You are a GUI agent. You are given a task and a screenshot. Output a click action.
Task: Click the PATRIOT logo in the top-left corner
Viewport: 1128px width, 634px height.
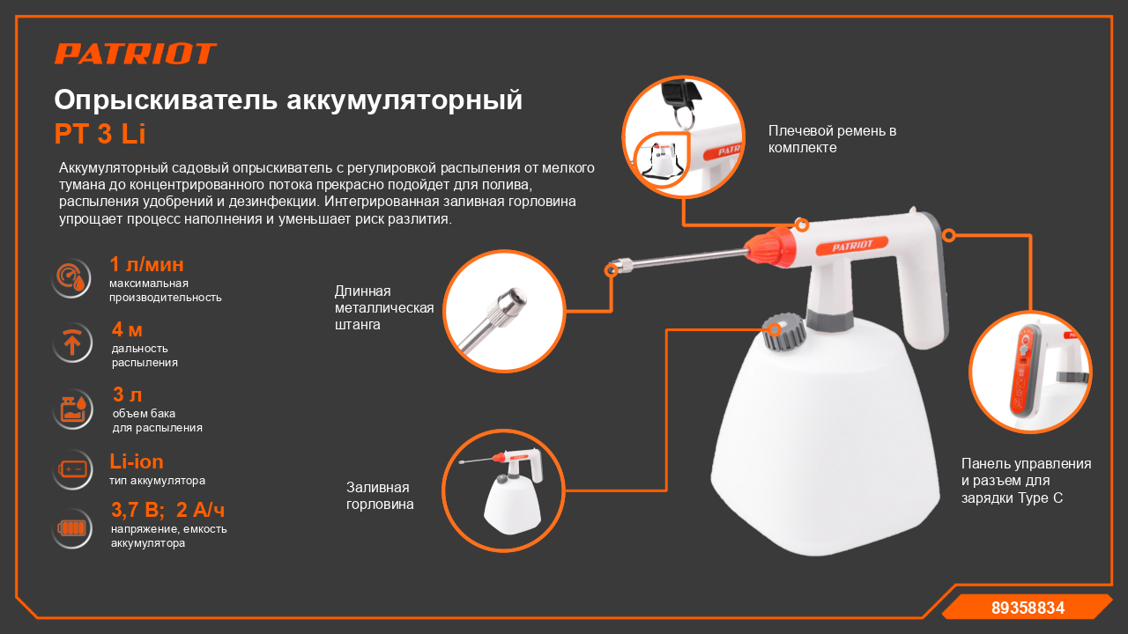(136, 54)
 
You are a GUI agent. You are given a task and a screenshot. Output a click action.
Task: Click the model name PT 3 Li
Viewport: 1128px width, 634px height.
(100, 134)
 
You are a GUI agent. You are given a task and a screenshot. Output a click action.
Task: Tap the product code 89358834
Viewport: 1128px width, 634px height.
(1028, 608)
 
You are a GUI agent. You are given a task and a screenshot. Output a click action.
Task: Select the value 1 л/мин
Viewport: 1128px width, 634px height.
(146, 264)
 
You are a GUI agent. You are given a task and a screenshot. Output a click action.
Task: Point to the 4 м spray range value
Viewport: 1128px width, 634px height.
(127, 330)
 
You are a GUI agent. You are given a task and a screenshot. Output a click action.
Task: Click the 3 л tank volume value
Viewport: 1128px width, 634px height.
(127, 395)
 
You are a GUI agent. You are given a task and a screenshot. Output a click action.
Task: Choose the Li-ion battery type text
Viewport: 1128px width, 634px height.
(137, 461)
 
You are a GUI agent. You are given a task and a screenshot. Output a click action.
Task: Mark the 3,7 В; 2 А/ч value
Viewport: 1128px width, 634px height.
(168, 510)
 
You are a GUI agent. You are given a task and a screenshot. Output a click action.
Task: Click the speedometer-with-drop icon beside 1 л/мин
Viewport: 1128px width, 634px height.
(71, 278)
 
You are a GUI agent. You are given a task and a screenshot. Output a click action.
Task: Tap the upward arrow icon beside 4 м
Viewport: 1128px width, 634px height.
(71, 343)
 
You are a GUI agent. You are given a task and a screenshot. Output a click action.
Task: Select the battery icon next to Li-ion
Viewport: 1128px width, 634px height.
(71, 468)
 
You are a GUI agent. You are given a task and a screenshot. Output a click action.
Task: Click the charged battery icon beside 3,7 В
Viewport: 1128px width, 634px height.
(71, 528)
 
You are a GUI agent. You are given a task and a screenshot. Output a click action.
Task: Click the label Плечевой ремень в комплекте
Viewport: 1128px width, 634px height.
(832, 139)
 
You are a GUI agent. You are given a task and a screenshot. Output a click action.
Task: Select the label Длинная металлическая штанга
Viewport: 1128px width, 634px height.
(384, 307)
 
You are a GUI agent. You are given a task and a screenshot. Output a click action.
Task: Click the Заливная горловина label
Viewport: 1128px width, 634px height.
(380, 496)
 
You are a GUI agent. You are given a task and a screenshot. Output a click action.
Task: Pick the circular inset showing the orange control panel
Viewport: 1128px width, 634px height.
(1030, 372)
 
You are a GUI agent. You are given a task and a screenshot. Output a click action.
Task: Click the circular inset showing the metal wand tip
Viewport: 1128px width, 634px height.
(503, 311)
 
